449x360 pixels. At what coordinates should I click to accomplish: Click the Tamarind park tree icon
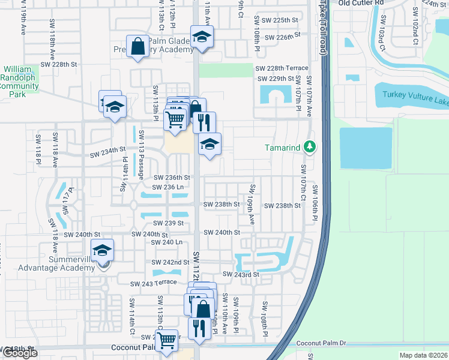(x=309, y=147)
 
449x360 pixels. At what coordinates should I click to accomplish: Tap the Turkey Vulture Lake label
(x=412, y=93)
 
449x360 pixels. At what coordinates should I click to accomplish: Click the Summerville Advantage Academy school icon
(x=103, y=251)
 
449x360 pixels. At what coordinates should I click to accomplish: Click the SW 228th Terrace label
(x=282, y=69)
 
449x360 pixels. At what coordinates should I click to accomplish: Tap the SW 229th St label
(x=276, y=79)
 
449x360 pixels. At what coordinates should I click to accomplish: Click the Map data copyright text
(x=423, y=355)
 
